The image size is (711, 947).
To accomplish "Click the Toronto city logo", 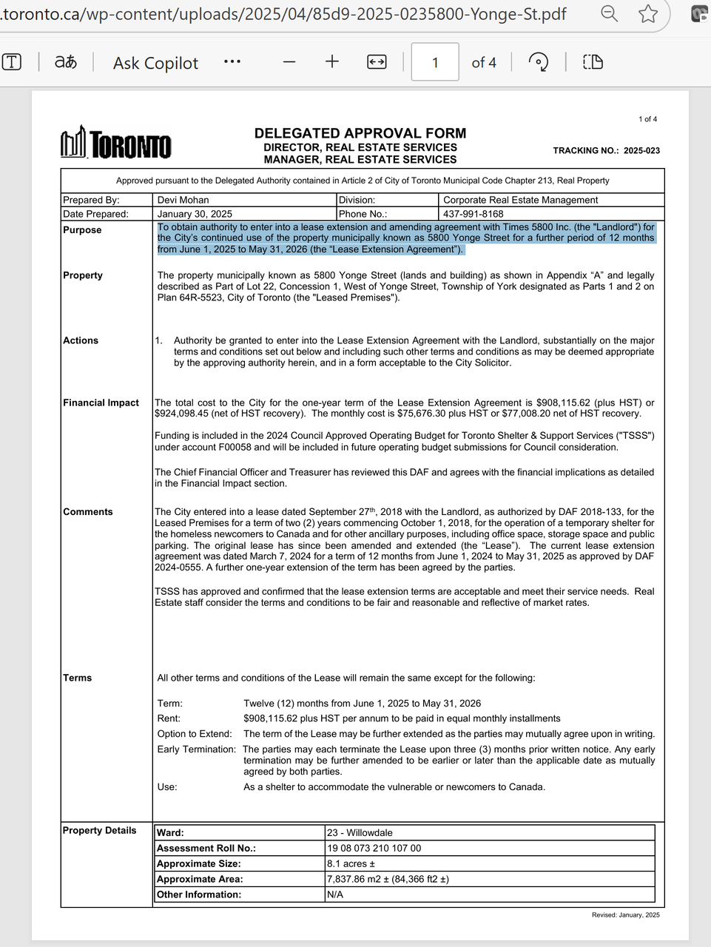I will pos(116,143).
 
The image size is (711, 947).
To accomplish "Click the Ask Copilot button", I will pos(155,63).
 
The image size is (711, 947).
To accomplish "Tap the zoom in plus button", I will pos(332,62).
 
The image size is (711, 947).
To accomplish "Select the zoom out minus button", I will pos(289,62).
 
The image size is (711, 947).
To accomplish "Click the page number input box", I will pos(435,62).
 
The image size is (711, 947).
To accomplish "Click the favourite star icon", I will pos(648,13).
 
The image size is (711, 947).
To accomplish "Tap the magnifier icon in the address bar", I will pos(609,13).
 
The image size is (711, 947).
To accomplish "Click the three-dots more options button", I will pos(232,62).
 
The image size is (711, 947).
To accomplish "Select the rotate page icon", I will pos(539,62).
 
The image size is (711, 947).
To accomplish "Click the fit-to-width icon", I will pos(377,62).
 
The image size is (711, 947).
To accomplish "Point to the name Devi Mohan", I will pos(183,200).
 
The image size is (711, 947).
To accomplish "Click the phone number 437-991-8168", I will pos(474,214).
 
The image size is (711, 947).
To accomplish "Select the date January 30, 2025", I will pos(195,214).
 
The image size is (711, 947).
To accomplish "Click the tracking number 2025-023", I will pos(641,150).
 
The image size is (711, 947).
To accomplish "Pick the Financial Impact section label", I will pos(101,402).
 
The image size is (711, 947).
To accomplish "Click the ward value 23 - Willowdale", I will pos(360,833).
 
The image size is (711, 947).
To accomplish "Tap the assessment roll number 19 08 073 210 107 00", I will pos(374,849).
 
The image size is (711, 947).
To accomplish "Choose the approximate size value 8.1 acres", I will pos(351,864).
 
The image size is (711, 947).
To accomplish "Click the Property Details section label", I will pos(99,830).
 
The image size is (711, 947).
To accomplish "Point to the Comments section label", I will pos(88,512).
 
